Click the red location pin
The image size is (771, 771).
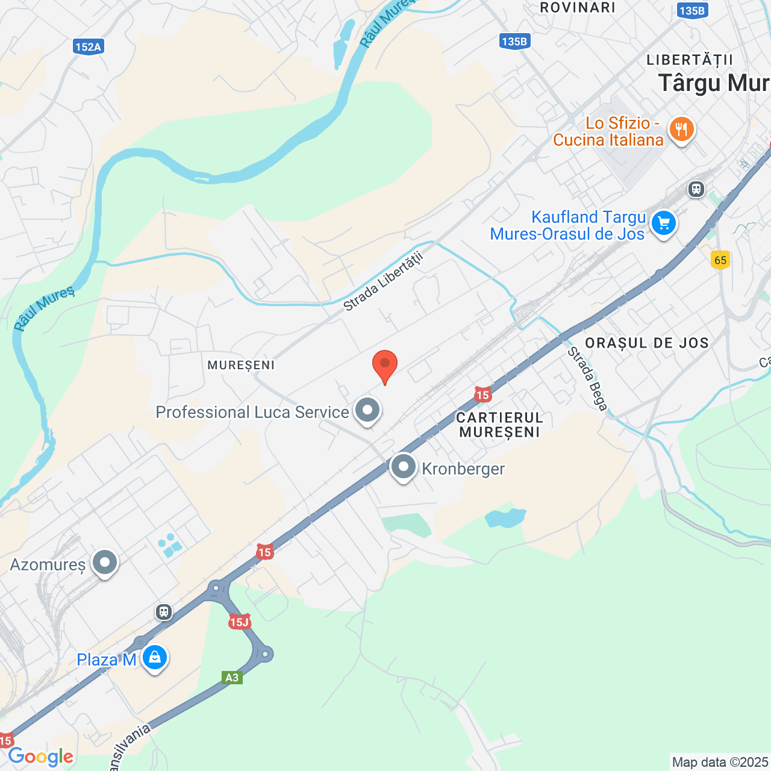pyautogui.click(x=385, y=365)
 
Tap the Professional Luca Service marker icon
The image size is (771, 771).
pyautogui.click(x=367, y=411)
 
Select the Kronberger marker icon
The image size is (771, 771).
pyautogui.click(x=404, y=467)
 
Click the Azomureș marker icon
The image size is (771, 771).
pyautogui.click(x=105, y=563)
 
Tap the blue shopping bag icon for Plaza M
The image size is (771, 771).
pyautogui.click(x=155, y=658)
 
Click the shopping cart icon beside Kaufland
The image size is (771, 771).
pyautogui.click(x=664, y=223)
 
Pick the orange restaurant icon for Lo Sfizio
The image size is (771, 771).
pyautogui.click(x=681, y=130)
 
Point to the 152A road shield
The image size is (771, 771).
pyautogui.click(x=89, y=46)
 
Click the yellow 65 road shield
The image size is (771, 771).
pyautogui.click(x=720, y=260)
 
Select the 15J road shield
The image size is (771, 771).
pyautogui.click(x=239, y=622)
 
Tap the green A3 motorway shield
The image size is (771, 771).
pyautogui.click(x=232, y=678)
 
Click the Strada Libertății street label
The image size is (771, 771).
pyautogui.click(x=384, y=281)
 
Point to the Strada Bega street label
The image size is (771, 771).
pyautogui.click(x=587, y=379)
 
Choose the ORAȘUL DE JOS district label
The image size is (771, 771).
pyautogui.click(x=646, y=343)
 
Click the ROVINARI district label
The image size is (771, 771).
pyautogui.click(x=577, y=8)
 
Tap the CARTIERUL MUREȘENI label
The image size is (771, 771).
pyautogui.click(x=499, y=425)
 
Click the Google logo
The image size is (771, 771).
pyautogui.click(x=40, y=757)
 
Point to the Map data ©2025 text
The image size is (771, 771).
pyautogui.click(x=720, y=763)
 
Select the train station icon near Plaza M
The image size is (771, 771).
pyautogui.click(x=164, y=612)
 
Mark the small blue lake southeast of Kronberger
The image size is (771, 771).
pyautogui.click(x=505, y=517)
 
